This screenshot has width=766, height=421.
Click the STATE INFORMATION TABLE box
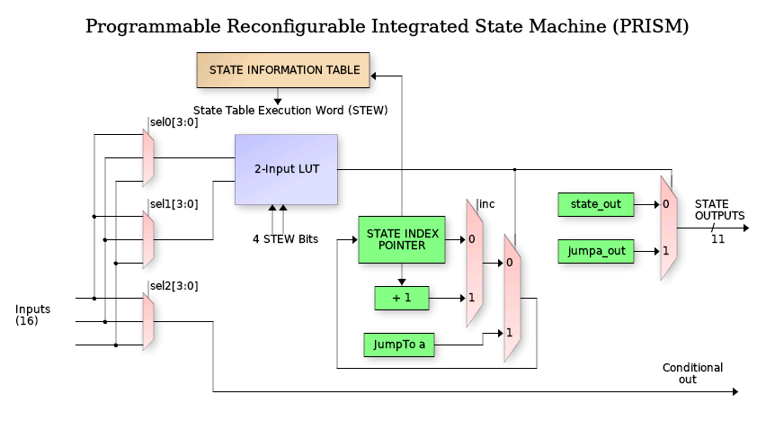284,70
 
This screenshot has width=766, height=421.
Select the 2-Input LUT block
286,169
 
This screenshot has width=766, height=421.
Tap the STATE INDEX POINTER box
402,240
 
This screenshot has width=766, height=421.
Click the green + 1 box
402,298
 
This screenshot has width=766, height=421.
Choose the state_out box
595,204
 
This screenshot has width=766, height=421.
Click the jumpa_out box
595,250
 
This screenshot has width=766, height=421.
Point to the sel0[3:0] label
174,121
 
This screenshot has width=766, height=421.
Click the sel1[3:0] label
174,204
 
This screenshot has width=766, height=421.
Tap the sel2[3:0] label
174,286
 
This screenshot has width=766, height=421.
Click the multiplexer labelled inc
474,263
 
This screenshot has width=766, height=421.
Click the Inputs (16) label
33,315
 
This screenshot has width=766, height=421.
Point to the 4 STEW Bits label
284,239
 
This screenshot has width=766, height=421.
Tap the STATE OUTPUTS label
719,210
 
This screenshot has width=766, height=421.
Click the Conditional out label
692,373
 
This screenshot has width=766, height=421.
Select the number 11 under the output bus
717,239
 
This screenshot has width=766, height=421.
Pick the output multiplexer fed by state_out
668,228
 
